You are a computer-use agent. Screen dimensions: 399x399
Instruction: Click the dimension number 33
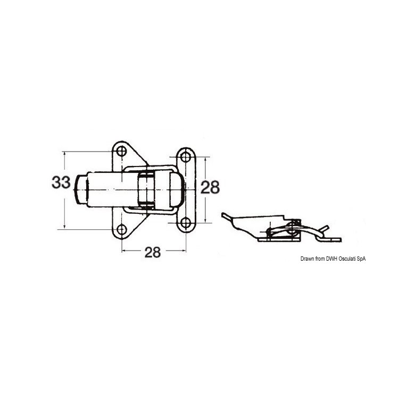point(61,182)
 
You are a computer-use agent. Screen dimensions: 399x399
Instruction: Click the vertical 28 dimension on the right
point(210,187)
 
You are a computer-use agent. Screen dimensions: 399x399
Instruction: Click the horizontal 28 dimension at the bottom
point(153,252)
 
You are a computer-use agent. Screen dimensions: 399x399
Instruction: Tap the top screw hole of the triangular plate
point(122,152)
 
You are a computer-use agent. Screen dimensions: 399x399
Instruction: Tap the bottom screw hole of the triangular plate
point(122,229)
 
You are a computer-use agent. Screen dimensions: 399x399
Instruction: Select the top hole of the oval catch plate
point(186,157)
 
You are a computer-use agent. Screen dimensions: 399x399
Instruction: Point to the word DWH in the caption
point(331,259)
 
